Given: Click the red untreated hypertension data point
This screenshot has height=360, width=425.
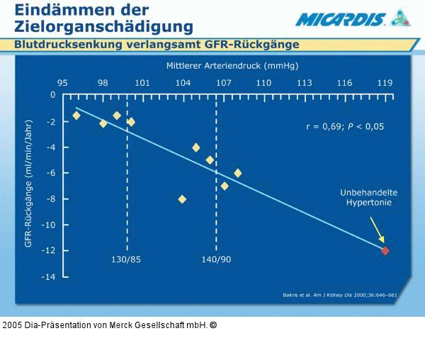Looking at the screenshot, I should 385,250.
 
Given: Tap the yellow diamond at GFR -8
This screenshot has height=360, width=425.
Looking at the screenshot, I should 183,199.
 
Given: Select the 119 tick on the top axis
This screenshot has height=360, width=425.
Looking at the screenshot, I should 385,83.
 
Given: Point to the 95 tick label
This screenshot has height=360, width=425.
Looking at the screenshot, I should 62,83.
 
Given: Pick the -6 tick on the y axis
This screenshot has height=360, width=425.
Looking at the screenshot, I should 51,173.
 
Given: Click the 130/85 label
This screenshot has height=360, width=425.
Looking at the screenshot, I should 127,259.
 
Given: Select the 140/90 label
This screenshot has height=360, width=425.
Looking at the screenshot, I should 216,259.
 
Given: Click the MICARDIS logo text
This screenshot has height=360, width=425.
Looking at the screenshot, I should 341,19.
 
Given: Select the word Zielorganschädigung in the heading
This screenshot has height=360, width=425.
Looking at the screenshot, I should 103,27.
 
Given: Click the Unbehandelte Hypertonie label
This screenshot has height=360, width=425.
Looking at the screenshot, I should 368,197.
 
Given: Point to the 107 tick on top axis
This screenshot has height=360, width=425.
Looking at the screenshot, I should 224,83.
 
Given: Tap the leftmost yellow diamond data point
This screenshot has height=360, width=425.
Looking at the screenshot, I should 76,116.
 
